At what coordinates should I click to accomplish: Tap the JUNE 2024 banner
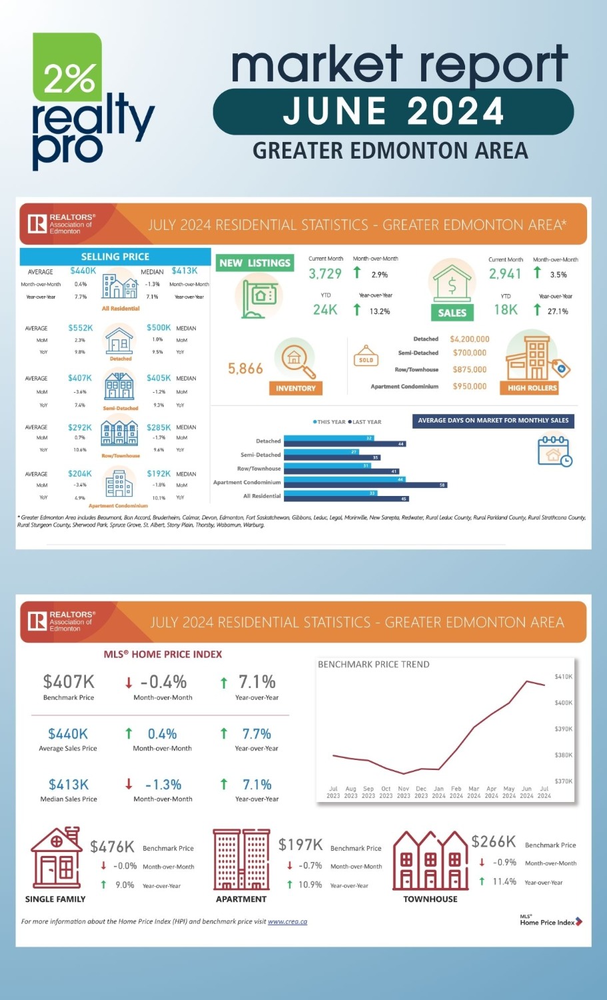click(393, 111)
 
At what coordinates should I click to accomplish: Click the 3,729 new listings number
click(325, 274)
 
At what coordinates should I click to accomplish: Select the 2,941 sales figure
click(505, 274)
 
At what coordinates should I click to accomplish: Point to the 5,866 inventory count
click(245, 369)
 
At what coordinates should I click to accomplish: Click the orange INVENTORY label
click(296, 388)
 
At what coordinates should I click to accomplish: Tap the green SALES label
click(452, 313)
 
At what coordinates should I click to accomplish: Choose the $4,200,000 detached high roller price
click(470, 339)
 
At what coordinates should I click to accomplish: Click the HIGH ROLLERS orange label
click(532, 388)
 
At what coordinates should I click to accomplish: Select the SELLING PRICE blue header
click(115, 257)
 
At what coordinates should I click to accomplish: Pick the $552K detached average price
click(81, 328)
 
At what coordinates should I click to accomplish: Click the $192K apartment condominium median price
click(159, 474)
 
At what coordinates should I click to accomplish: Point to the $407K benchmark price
click(69, 682)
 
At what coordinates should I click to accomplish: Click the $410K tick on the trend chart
click(563, 677)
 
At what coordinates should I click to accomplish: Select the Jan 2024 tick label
click(438, 792)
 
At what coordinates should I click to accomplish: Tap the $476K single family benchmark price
click(112, 847)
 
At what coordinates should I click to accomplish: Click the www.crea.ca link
click(287, 922)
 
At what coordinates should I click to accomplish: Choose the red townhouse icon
click(430, 861)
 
